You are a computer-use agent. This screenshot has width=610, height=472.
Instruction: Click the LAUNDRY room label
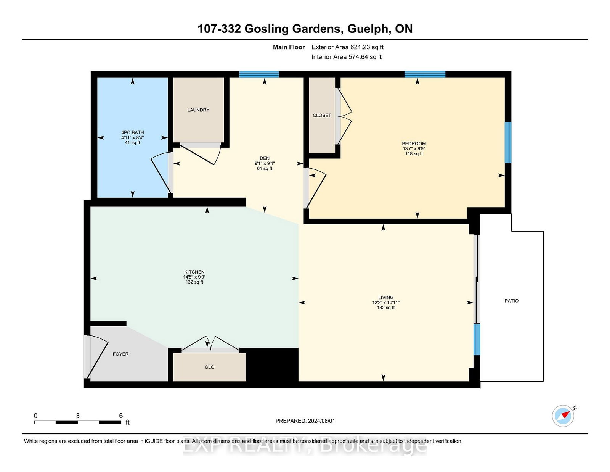198,110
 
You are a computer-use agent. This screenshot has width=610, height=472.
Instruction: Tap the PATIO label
512,301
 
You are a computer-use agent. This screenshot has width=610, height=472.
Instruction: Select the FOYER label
121,354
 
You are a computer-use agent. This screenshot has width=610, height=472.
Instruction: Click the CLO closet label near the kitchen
209,367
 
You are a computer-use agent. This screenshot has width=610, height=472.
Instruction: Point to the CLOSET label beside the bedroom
322,115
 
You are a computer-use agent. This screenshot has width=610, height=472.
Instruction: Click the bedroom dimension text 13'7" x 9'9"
414,149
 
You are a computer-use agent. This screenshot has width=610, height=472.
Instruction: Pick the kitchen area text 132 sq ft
194,282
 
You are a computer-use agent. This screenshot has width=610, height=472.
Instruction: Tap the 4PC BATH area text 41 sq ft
133,142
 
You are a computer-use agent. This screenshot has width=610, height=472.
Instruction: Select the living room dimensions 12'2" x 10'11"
386,303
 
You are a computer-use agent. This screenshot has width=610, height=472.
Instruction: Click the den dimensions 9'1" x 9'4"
265,163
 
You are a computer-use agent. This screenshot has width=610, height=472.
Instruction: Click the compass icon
563,416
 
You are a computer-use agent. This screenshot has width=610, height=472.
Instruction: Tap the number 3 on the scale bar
77,416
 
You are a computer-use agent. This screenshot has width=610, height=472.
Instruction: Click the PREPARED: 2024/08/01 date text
305,421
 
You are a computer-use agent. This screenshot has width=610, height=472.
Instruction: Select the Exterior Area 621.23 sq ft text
348,47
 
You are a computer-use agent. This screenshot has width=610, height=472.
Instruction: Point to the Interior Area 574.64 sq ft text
347,57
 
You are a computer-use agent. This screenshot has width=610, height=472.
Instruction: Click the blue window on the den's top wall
259,74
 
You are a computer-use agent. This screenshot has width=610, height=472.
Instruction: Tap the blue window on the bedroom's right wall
508,142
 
